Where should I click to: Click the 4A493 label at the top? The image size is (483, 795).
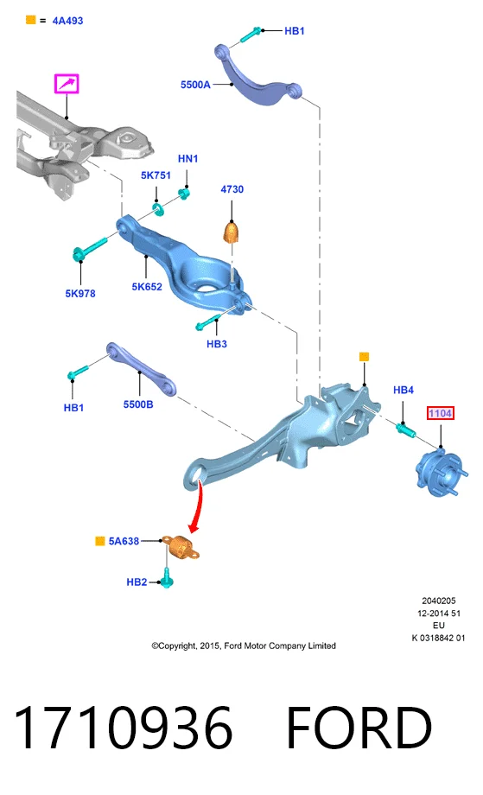coord(67,21)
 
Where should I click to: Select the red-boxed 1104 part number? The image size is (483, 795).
coord(440,413)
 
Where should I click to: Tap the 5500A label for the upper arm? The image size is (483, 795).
coord(195,85)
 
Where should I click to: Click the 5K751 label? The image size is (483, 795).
coord(156,175)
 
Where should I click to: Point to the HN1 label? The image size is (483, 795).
coord(187,159)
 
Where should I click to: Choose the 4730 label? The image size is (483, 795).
coord(232,189)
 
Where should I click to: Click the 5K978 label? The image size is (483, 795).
coord(80,294)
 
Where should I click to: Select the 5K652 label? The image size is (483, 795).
coord(147,287)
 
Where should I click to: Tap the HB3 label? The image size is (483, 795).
coord(216,344)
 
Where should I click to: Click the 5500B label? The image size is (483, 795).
coord(138,404)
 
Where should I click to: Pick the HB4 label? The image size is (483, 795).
coord(404,390)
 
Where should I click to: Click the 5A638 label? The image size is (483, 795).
coord(124,542)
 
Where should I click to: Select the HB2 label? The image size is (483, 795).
coord(137,582)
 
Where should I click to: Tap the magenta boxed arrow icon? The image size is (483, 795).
coord(67,84)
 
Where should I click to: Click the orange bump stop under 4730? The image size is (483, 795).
coord(232,232)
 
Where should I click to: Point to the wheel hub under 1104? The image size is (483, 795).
coord(440,473)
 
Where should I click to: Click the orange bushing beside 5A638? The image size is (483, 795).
coord(182,548)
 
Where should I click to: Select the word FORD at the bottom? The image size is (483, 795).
coord(359,728)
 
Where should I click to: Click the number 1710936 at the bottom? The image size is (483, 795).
coord(124,728)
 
